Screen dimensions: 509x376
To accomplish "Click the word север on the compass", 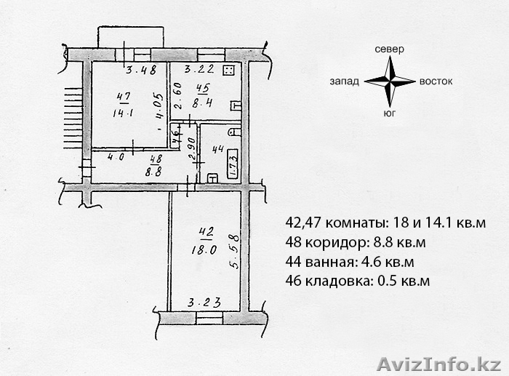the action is click(389, 49).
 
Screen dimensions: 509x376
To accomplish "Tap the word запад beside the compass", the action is click(344, 81).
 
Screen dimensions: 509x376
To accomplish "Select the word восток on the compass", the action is click(436, 81).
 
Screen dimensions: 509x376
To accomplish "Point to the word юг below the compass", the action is click(389, 113).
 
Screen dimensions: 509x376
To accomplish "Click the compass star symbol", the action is click(390, 81).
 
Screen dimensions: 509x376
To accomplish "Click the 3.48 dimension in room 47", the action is click(141, 70).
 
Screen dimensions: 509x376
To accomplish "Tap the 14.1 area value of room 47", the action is click(123, 113).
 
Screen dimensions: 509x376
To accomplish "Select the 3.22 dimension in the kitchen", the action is click(199, 69).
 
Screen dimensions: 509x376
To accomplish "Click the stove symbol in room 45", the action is click(229, 71).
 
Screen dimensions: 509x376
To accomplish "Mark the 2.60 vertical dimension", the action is click(179, 97).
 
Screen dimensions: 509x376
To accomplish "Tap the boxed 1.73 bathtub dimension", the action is click(233, 164).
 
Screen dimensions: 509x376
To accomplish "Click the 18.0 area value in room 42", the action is click(204, 250).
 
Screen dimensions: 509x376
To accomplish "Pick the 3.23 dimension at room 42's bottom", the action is click(204, 303).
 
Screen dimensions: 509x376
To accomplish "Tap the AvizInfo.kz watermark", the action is click(439, 364).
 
